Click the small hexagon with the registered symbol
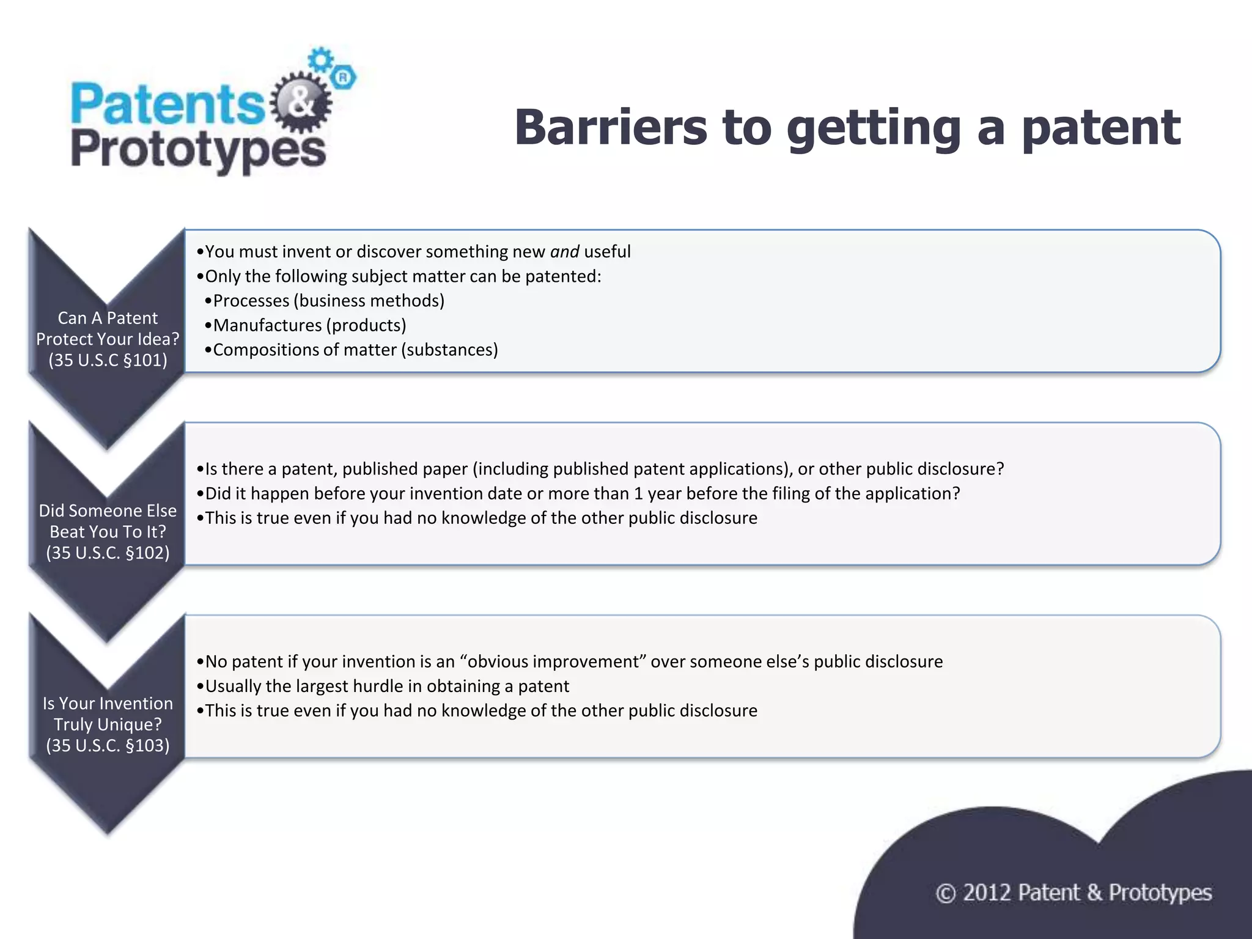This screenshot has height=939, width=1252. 344,78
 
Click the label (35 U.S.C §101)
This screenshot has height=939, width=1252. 108,360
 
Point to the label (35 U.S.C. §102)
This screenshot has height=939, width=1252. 108,553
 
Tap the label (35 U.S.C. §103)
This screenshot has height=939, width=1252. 108,745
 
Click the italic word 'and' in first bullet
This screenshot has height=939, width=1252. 564,252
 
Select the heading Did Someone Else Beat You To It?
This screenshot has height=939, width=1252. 108,521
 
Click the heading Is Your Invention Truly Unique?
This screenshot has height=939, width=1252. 108,713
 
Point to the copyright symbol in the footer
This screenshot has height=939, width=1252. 945,894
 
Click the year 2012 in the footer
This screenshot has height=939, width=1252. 987,893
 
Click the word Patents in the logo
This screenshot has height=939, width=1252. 166,104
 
